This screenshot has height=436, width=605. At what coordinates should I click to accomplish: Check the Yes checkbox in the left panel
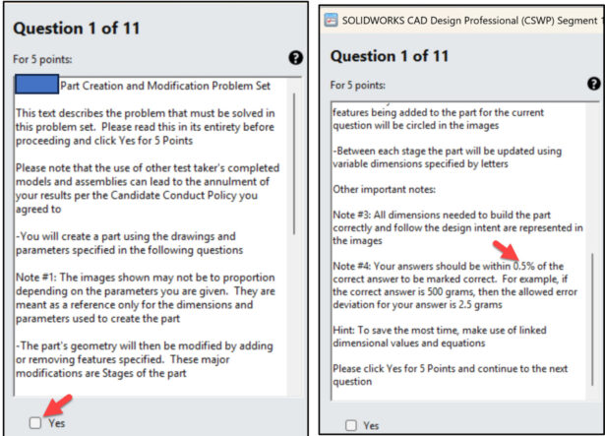click(35, 423)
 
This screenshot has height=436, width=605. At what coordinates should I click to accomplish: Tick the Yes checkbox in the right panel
click(351, 425)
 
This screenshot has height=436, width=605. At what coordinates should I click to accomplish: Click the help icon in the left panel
click(295, 58)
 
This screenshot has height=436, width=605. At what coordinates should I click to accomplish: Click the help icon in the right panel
click(594, 84)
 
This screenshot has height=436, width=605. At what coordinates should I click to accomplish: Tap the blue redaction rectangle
click(37, 85)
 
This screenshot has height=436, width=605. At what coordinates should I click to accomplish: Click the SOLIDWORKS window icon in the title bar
click(331, 20)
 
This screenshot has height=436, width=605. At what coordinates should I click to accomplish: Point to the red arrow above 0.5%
click(506, 250)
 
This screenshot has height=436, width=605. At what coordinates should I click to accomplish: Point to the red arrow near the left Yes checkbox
click(58, 405)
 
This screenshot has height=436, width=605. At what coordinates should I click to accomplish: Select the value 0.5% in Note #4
click(524, 266)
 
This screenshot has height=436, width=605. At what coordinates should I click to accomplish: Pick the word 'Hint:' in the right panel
click(343, 330)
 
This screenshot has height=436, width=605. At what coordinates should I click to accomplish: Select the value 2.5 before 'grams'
click(465, 305)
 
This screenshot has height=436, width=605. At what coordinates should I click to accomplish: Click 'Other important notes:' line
click(385, 189)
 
